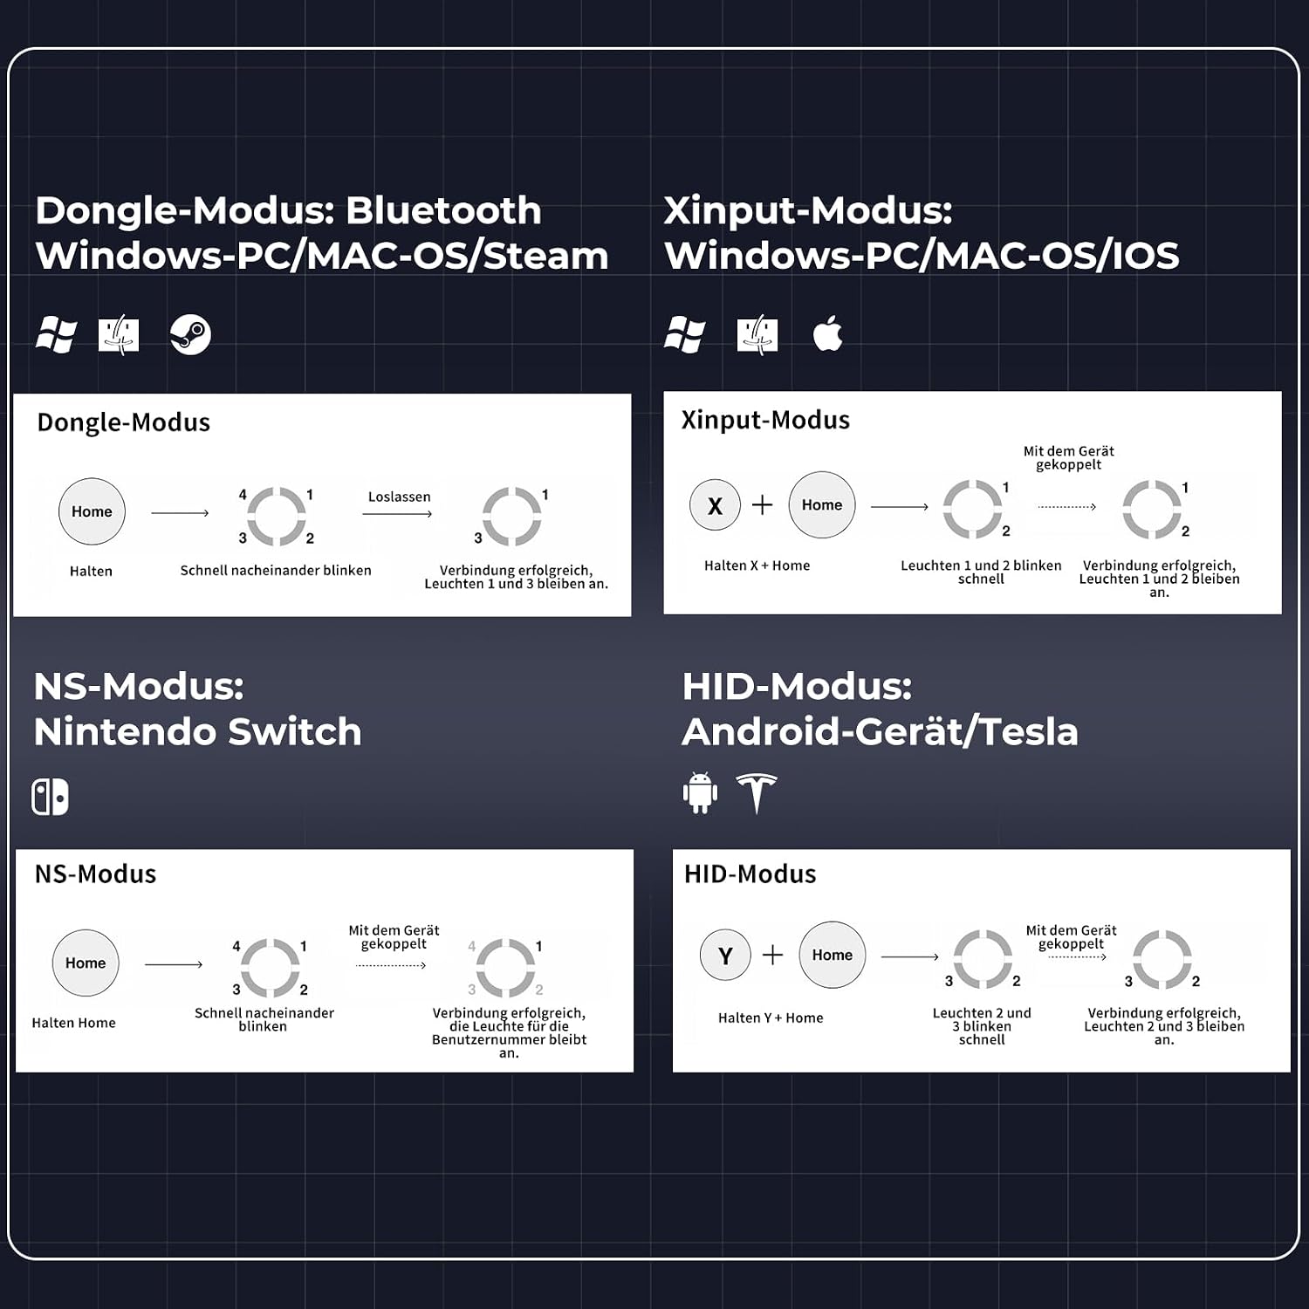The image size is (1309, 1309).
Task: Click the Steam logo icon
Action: coord(190,334)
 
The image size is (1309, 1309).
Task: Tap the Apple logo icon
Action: coord(828,334)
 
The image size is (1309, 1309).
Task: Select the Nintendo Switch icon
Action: coord(50,797)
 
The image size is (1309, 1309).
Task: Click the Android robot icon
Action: coord(700,793)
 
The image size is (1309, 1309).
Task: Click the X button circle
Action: coord(715,506)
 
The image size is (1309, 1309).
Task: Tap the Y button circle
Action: coord(725,956)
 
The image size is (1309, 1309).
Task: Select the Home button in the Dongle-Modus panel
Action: coord(92,511)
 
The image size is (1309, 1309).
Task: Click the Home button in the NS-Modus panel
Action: coord(86,963)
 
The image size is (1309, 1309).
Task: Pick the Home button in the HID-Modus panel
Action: coord(833,955)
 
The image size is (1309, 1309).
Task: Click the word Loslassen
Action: coord(400,497)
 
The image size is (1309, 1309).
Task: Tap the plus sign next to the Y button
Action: coord(772,956)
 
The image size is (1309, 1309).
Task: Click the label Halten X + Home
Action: coord(757,565)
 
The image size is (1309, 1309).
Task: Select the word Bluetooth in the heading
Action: coord(443,210)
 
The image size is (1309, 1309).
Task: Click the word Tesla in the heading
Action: coord(1029,731)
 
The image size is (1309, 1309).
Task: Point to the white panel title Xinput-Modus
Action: coord(765,420)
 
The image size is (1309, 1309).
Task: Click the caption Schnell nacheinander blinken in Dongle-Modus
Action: coord(276,570)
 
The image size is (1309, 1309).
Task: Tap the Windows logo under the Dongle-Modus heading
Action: coord(56,334)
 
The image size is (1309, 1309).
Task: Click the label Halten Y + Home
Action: coord(771,1018)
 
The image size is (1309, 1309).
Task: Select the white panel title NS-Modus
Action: coord(95,874)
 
